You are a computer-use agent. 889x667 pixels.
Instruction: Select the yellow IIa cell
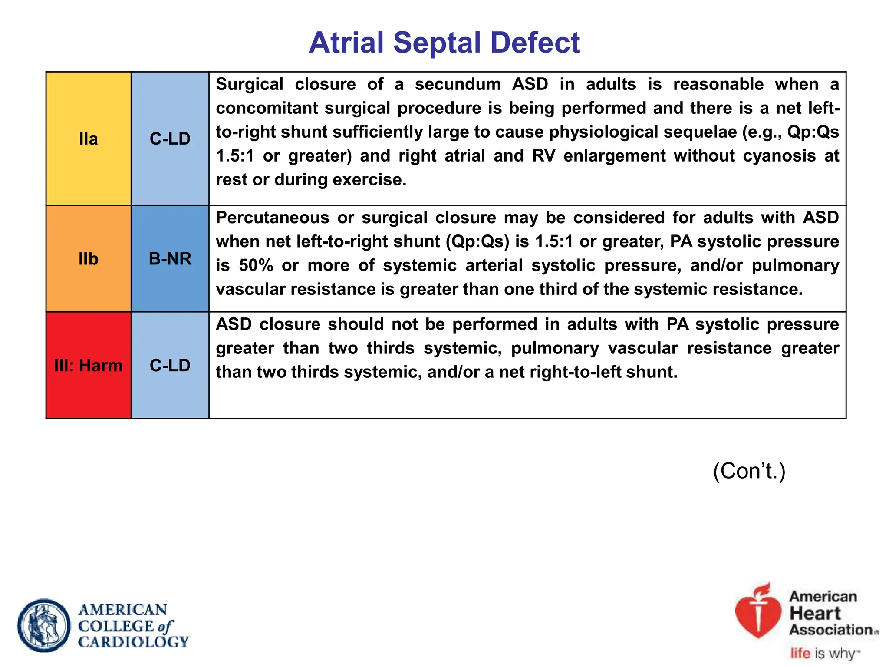89,139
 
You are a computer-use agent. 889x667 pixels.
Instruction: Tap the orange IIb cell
89,259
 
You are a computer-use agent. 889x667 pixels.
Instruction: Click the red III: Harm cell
89,366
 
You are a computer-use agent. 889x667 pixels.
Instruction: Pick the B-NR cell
170,259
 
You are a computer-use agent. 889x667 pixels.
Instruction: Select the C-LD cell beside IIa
170,139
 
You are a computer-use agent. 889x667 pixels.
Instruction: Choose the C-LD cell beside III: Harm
170,366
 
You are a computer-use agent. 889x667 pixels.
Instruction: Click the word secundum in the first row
458,84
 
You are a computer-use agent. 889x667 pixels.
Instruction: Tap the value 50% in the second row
256,265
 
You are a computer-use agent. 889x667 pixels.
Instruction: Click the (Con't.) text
749,471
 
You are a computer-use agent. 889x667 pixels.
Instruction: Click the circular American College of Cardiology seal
44,625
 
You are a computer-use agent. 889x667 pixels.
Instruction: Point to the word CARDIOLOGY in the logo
134,642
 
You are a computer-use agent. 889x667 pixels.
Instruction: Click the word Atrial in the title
346,43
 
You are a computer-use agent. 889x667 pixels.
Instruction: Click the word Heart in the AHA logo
815,613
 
